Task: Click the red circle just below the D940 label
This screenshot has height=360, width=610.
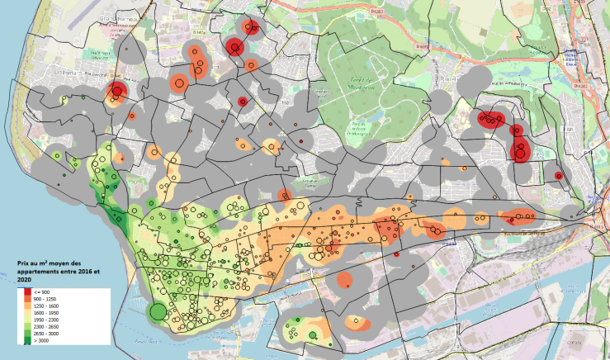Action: (118, 92)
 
